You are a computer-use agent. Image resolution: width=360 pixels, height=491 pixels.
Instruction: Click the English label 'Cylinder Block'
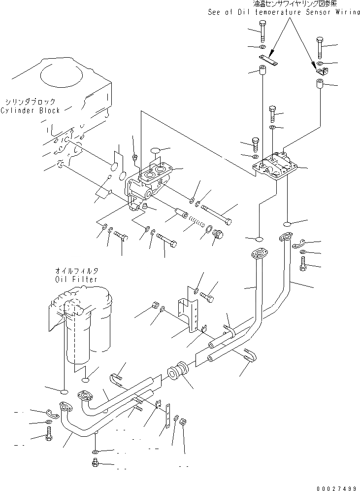(30, 110)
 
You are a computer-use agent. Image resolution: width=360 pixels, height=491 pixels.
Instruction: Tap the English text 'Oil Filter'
(76, 279)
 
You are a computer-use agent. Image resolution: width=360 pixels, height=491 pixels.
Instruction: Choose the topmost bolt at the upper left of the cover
(261, 31)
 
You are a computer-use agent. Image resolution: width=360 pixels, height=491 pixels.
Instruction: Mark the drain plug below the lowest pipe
(96, 463)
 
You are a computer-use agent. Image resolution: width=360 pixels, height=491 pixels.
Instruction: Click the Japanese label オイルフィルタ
(76, 271)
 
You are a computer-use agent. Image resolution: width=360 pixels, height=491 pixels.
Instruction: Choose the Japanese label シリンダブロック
(31, 102)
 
